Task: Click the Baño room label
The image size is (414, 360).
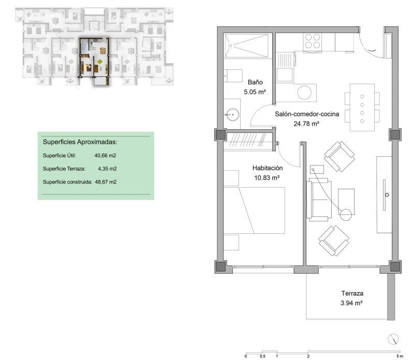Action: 255,82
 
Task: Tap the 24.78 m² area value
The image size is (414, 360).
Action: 306,124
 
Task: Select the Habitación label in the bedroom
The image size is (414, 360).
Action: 268,168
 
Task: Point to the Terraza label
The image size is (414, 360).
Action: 352,293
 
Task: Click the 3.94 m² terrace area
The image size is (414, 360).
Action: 351,303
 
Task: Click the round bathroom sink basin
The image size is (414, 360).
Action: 232,115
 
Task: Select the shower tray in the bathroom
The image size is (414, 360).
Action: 246,46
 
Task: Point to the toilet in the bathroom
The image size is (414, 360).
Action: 233,76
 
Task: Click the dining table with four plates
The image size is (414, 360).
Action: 362,108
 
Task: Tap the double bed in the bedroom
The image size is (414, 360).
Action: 254,211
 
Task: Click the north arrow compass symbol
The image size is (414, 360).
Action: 393,339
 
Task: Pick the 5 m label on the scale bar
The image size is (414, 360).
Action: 400,356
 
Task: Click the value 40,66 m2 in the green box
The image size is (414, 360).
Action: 105,156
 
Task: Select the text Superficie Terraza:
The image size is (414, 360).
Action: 64,169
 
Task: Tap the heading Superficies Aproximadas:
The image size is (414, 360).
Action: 80,142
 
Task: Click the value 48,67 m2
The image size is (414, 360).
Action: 106,182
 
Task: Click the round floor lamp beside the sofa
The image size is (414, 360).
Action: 346,215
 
